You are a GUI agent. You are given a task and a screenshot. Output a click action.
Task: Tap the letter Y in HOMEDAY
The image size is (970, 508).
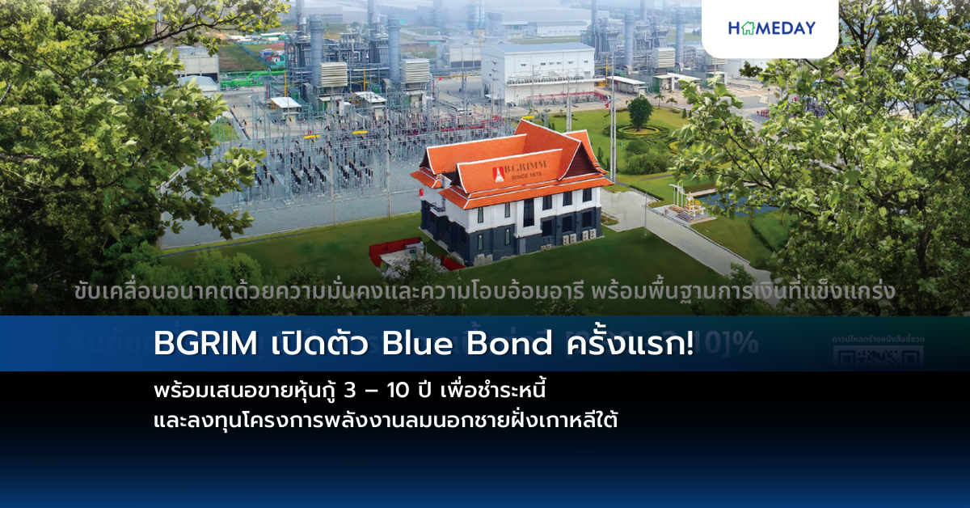(x=808, y=28)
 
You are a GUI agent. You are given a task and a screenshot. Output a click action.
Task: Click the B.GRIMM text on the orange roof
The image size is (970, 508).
(x=525, y=171)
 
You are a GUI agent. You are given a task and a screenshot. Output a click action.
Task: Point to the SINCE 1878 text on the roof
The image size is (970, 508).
(x=526, y=183)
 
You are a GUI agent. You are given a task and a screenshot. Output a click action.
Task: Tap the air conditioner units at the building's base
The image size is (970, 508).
(x=576, y=237)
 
